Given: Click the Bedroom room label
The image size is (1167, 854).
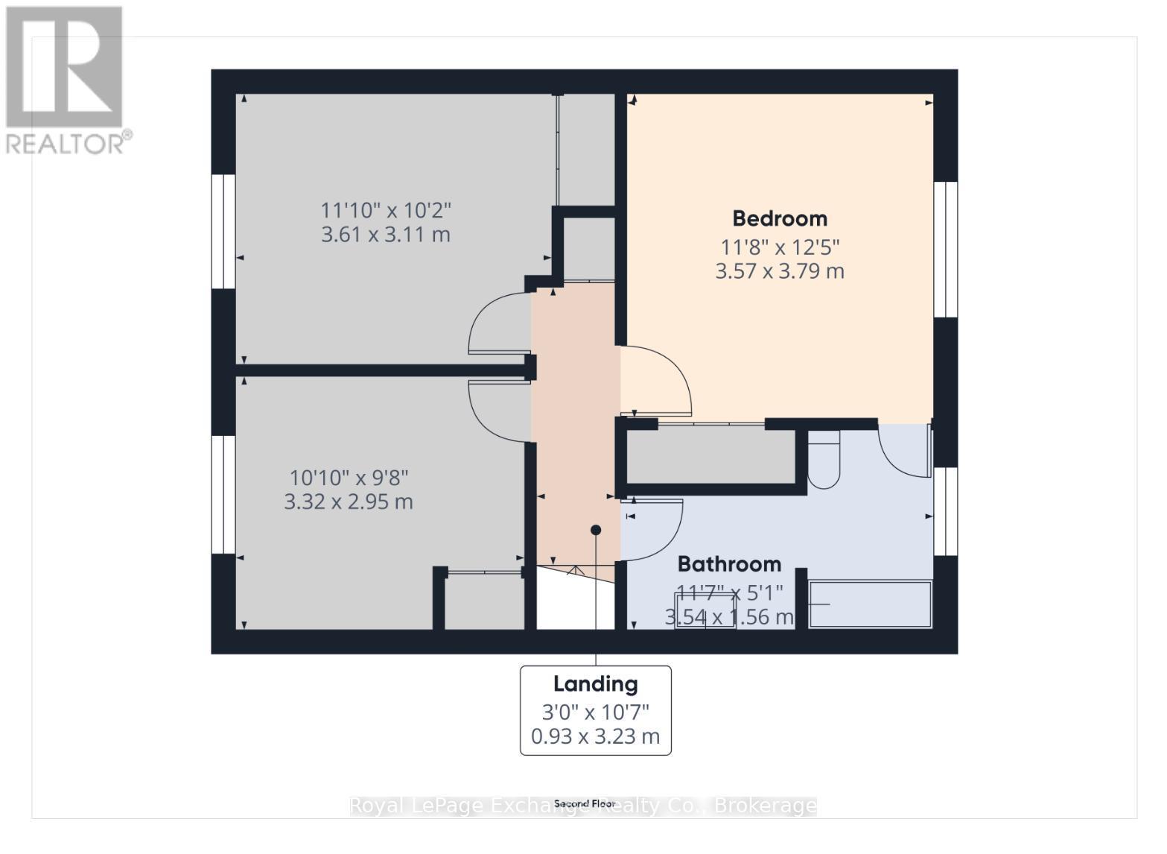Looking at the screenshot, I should pos(780,218).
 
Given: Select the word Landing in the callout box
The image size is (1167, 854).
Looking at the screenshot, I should pos(595,684).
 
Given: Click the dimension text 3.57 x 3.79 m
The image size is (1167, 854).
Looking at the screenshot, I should pos(780,271).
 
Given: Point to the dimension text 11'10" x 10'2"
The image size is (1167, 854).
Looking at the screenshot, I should pos(386,210).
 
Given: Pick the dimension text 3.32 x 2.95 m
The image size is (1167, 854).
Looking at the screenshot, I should pos(349,502).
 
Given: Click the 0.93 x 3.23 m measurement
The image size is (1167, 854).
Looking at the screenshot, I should pos(595,736).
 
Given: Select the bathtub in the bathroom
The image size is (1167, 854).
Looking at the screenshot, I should pos(870,604).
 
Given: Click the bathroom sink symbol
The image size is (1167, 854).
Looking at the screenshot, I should pos(705,610).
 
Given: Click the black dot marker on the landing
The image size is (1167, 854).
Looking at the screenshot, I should pos(596,531).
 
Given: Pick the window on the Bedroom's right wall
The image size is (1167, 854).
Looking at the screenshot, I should pos(945,250).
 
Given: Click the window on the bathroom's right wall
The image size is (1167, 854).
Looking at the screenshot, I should pos(945,511).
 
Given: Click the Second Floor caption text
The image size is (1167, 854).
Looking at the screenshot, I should pos(584,804).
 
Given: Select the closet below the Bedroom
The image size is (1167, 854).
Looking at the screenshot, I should pos(711,457).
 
